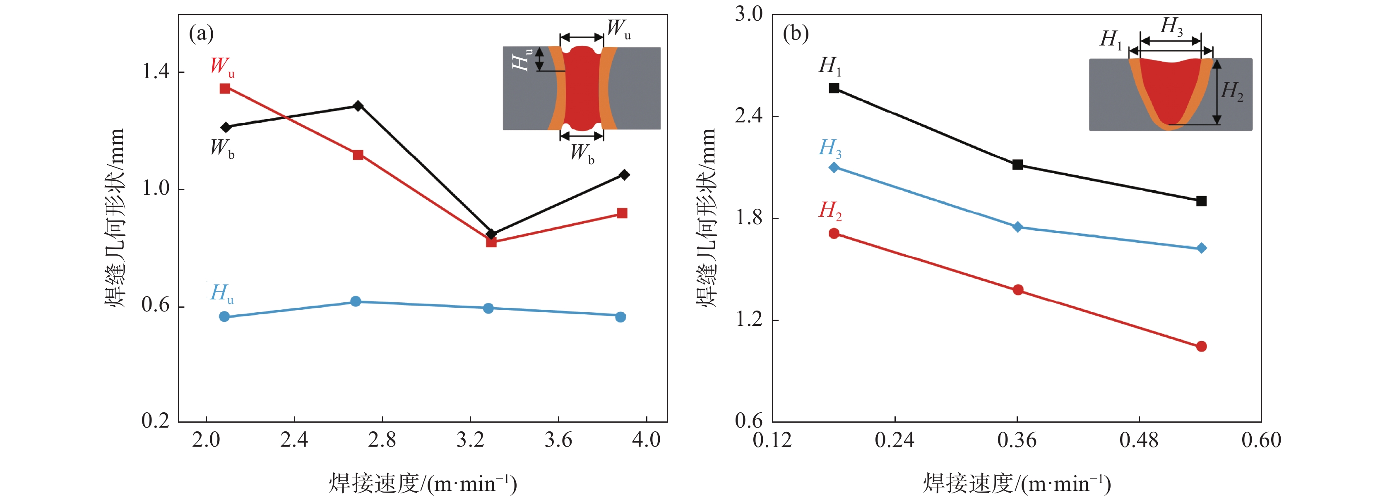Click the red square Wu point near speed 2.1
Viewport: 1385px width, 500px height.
[225, 89]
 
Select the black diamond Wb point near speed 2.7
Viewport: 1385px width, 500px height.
[358, 106]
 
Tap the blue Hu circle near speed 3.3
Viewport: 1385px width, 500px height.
[488, 308]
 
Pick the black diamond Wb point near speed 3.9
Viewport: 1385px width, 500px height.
[624, 175]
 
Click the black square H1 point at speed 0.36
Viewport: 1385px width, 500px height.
[1017, 165]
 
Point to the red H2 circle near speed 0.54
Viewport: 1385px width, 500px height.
[1201, 347]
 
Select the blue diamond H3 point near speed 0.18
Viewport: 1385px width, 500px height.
[834, 167]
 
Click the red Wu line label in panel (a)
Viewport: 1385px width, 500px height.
[221, 67]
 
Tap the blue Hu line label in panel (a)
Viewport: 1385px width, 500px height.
[221, 294]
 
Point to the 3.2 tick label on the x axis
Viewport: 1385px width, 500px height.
[471, 440]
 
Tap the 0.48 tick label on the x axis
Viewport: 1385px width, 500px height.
[1139, 440]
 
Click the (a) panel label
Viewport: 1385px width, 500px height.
[202, 34]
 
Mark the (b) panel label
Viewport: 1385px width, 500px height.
[796, 34]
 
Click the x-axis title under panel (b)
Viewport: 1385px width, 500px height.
[1017, 484]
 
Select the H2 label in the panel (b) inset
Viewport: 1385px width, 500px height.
[1232, 91]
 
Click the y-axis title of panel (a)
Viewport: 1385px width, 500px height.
[115, 218]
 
